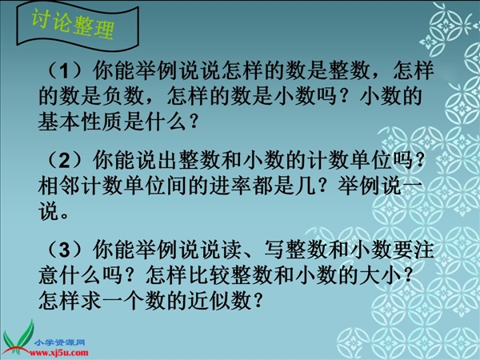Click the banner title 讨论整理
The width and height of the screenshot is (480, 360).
(x=73, y=25)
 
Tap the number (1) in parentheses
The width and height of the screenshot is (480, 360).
(x=65, y=70)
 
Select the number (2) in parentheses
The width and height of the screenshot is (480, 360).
(x=65, y=160)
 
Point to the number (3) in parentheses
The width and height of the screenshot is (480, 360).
(x=65, y=250)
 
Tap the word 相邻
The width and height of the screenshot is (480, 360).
(x=59, y=186)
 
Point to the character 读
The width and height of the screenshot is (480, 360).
(x=230, y=250)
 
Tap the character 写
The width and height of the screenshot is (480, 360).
(x=273, y=250)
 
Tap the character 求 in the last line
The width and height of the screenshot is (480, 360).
(x=91, y=301)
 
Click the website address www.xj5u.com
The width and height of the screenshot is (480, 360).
(x=58, y=353)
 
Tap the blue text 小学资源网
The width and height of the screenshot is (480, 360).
(x=59, y=342)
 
